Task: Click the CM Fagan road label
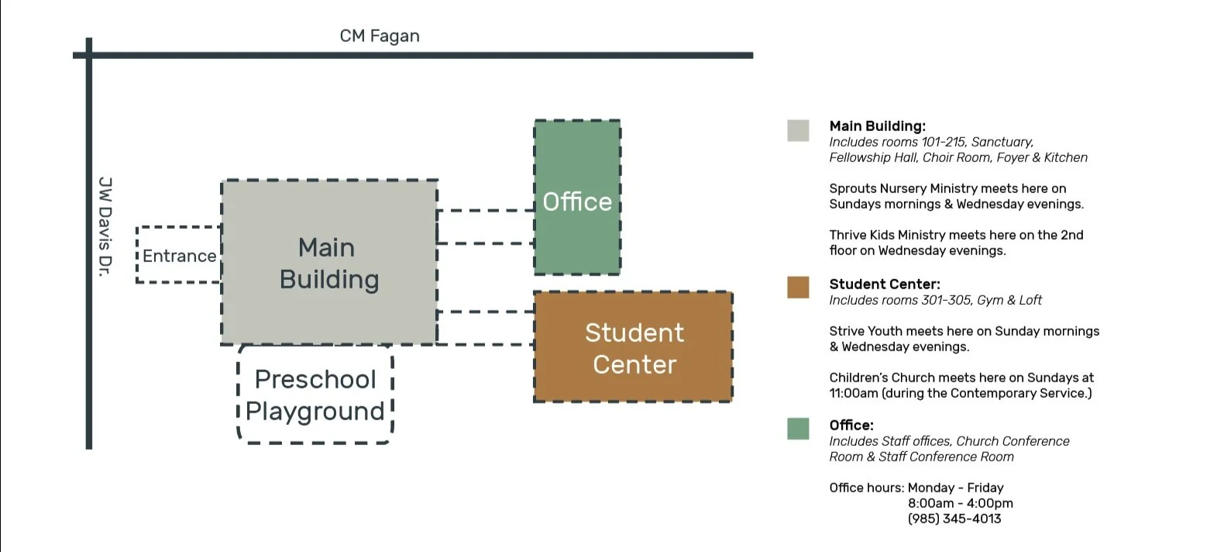click(380, 36)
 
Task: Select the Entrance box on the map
click(179, 256)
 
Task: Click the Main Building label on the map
click(328, 264)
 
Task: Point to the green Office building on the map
click(577, 198)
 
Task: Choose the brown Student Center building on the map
click(633, 348)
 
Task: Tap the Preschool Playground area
click(315, 395)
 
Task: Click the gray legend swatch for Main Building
click(798, 130)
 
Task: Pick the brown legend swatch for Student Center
click(798, 288)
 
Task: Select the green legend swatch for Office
click(798, 429)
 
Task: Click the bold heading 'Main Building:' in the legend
click(877, 126)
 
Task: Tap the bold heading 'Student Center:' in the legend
click(885, 285)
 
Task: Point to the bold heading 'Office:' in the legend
click(851, 426)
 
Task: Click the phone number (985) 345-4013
click(954, 519)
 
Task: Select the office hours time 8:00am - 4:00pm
click(961, 503)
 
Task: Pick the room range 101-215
click(943, 142)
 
